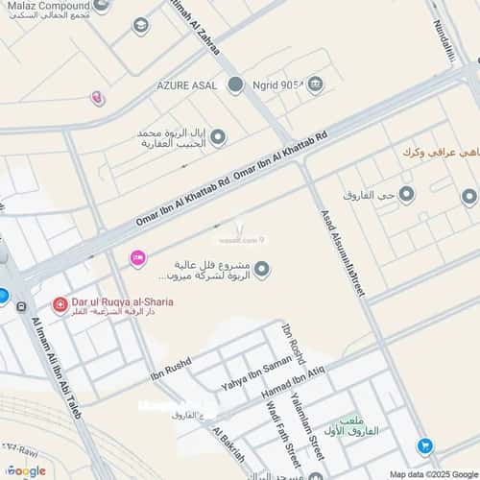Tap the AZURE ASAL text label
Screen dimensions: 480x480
[x=188, y=84]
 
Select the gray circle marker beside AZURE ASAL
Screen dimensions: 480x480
[x=236, y=84]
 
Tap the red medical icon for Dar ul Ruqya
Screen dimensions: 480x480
[x=60, y=304]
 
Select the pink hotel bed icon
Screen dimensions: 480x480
[x=137, y=256]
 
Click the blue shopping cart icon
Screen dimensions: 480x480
[x=424, y=445]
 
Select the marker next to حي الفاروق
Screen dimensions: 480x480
[x=406, y=195]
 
